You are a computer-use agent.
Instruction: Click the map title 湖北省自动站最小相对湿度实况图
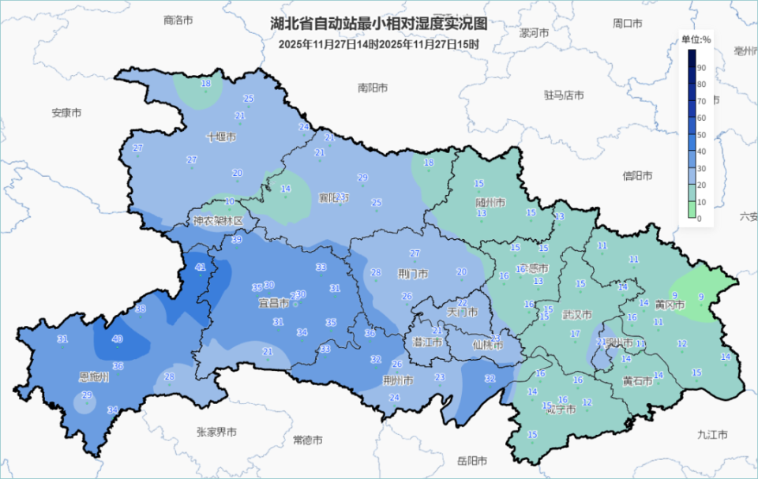[x=379, y=24]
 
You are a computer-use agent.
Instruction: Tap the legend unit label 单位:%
[x=696, y=39]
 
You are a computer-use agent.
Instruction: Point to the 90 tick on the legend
[x=700, y=69]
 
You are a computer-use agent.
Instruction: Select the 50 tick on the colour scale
[x=700, y=134]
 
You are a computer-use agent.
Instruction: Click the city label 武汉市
[x=576, y=314]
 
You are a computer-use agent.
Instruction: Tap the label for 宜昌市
[x=274, y=302]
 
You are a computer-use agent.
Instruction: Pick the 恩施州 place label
[x=94, y=378]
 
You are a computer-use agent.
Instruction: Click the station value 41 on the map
[x=201, y=268]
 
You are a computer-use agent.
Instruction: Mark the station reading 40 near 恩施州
[x=117, y=339]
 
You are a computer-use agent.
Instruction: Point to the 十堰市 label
[x=221, y=137]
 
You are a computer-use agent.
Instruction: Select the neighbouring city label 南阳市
[x=373, y=88]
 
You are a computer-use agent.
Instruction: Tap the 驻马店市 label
[x=564, y=95]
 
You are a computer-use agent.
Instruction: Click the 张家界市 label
[x=216, y=432]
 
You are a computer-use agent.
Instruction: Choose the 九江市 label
[x=712, y=435]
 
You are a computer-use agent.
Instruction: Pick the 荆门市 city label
[x=414, y=275]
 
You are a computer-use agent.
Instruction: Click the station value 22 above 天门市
[x=463, y=303]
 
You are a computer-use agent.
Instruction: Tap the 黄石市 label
[x=637, y=381]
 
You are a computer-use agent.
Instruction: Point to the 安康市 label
[x=67, y=113]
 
